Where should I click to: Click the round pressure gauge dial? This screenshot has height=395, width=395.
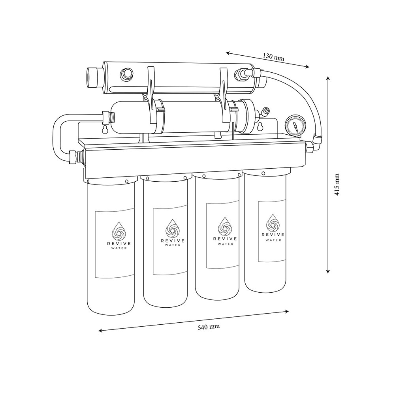coord(294,126)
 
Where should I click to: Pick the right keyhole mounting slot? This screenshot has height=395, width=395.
coord(260,127)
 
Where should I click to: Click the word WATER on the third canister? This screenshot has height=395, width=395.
coord(225,244)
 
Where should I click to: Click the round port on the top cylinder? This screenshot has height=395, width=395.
coord(127,73)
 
